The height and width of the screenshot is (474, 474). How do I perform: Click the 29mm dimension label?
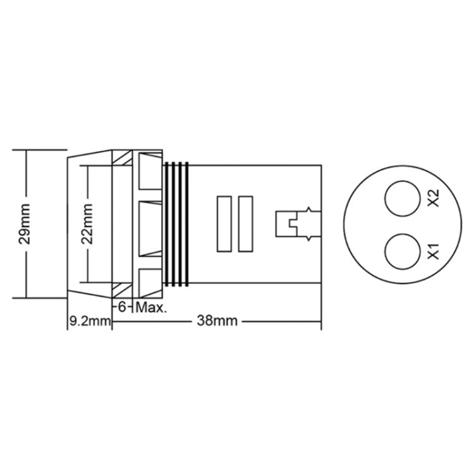pyautogui.click(x=25, y=226)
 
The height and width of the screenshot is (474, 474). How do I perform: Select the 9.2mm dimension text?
pyautogui.click(x=88, y=321)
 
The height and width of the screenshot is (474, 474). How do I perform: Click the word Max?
pyautogui.click(x=151, y=308)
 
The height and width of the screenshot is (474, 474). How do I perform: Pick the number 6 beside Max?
pyautogui.click(x=123, y=308)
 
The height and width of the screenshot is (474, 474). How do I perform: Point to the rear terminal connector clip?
pyautogui.click(x=297, y=224)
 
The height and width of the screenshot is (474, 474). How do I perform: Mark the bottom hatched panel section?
pyautogui.click(x=121, y=291)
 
